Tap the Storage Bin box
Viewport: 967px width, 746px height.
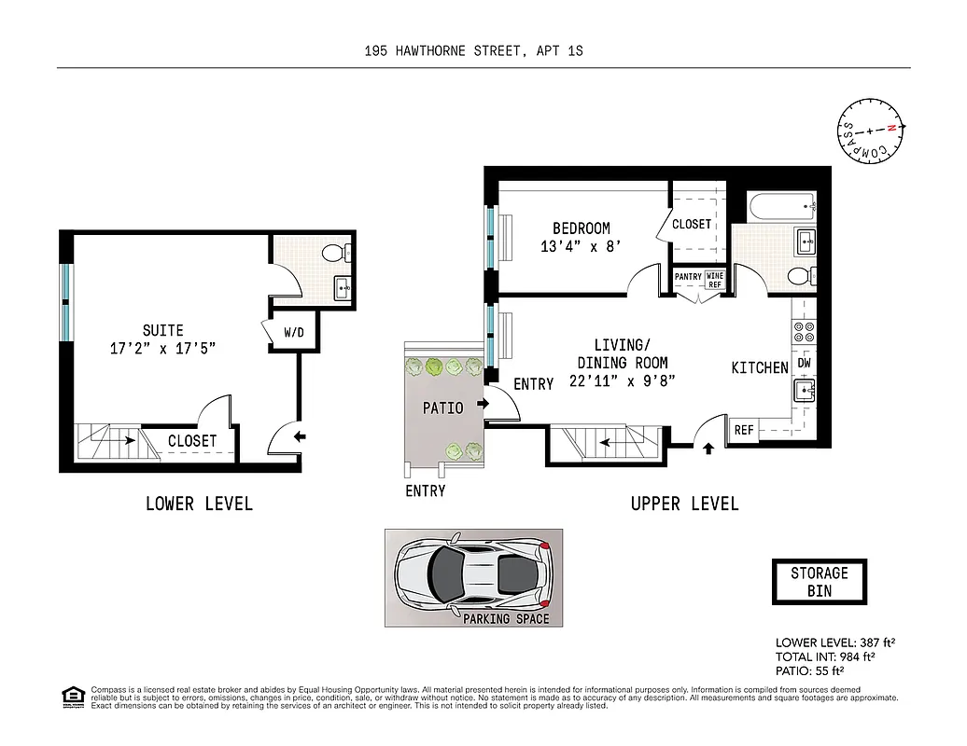click(x=819, y=581)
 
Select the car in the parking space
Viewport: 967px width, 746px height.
click(x=472, y=572)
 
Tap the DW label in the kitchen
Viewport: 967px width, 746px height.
click(x=803, y=363)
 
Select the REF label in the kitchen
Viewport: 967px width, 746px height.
click(x=744, y=430)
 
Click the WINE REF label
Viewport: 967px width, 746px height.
click(x=714, y=281)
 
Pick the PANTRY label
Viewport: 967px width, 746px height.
click(x=688, y=277)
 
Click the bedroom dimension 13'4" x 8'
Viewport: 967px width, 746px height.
click(x=581, y=247)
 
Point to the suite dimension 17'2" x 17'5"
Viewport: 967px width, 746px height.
click(x=162, y=350)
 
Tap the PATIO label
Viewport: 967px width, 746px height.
click(x=442, y=408)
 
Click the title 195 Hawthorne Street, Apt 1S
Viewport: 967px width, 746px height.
click(x=473, y=52)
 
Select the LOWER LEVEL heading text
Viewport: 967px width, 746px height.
click(x=199, y=504)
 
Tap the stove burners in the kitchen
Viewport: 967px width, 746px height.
click(x=804, y=328)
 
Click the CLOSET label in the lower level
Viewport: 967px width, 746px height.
click(x=192, y=441)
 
